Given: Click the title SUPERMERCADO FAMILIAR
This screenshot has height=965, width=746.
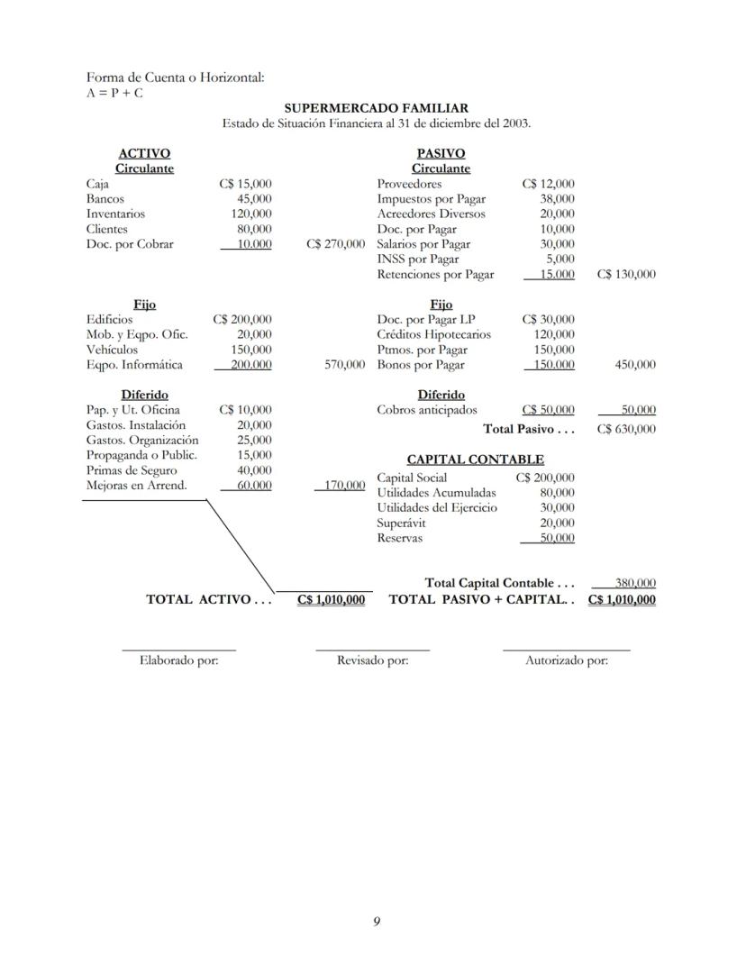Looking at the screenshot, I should pos(376,109).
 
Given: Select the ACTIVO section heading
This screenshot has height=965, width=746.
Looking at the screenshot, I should pos(144,154).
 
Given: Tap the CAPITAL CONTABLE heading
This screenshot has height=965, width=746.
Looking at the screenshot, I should pos(475,460).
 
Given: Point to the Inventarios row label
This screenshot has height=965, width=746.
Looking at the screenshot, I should pos(115,214).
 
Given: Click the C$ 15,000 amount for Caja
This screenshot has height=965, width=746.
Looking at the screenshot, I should pos(245,184).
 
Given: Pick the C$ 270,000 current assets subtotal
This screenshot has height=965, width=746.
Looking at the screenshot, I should pos(335,244).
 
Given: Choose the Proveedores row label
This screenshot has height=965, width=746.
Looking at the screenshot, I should pos(409,184).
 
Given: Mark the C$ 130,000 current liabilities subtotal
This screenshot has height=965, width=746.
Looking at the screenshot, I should pos(625,275).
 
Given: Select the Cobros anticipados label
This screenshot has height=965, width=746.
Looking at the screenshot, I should pos(427,410).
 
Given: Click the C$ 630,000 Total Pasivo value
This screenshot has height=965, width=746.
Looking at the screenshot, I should pos(625,430).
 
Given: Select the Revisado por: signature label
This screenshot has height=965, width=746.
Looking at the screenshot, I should pos(372,660).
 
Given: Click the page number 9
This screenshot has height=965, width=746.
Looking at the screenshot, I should pos(377,920).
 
